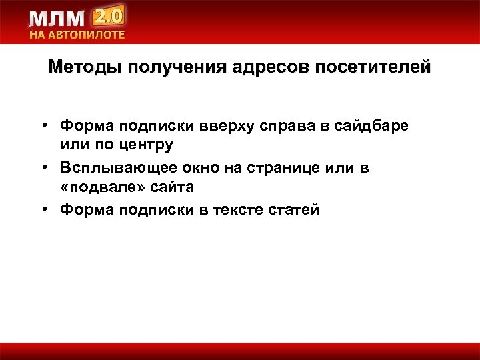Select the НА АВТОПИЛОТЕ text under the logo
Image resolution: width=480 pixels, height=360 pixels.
click(x=77, y=35)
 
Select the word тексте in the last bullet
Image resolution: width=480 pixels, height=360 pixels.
click(x=238, y=211)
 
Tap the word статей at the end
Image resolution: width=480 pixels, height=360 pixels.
click(x=293, y=211)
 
